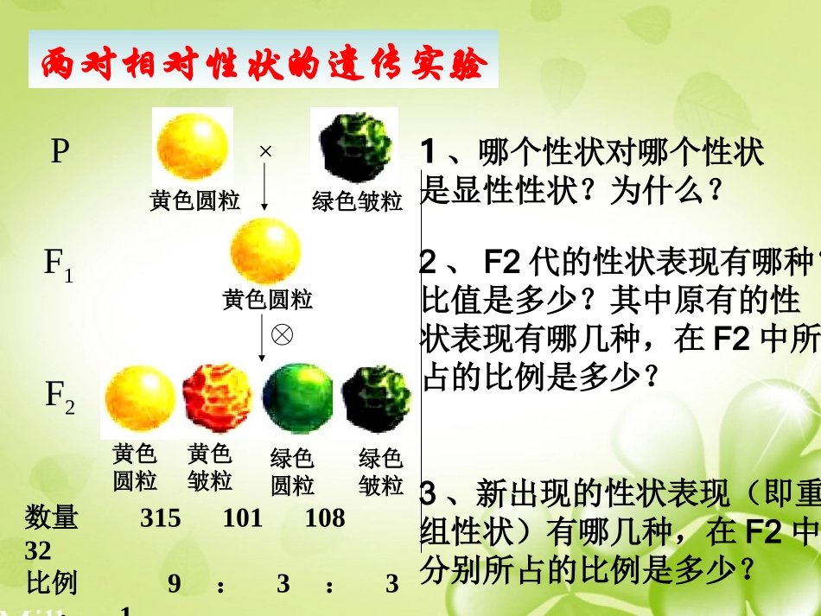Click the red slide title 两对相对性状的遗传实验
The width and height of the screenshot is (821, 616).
(x=263, y=63)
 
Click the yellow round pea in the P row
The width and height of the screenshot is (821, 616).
(x=193, y=149)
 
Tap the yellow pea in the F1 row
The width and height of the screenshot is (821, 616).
(x=265, y=251)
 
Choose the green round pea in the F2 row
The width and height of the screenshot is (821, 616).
(x=297, y=400)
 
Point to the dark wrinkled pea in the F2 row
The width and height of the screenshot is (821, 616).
(x=376, y=400)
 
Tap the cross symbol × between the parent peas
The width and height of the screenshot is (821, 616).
(x=265, y=151)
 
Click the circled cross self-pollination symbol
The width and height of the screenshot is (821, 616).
(x=282, y=334)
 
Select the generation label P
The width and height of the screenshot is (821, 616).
(x=59, y=153)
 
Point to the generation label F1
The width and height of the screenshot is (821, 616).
(x=59, y=264)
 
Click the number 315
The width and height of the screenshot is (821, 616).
(x=160, y=518)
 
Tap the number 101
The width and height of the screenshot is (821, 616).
(x=242, y=518)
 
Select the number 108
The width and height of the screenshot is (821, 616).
(x=324, y=518)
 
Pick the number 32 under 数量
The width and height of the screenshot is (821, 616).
(x=38, y=551)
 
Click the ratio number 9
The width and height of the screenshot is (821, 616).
(x=174, y=585)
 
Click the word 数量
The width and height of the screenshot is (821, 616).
(x=52, y=518)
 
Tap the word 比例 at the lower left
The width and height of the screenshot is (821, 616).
(x=52, y=583)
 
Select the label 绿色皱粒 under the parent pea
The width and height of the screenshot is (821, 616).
(x=357, y=202)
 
